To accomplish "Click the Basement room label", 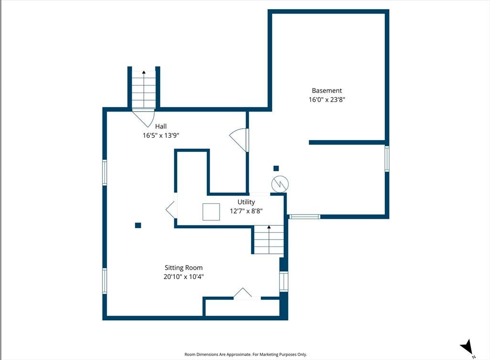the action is point(327,90).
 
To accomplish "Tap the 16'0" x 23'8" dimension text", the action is point(327,100).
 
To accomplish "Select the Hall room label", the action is point(161,126).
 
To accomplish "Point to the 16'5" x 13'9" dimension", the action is point(161,135).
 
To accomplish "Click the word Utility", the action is point(246,202).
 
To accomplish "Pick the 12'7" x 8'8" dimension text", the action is point(246,211).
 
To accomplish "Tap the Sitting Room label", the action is point(184,268).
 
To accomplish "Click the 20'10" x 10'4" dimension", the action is point(184,277).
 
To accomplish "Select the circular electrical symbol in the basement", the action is point(280,184).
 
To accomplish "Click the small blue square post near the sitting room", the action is point(138,225).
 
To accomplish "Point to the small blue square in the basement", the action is point(276,169).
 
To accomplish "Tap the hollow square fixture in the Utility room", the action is point(211,212).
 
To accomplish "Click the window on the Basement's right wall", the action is point(387,159).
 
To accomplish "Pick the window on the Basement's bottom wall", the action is point(305,216).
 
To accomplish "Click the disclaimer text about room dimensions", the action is point(245,354).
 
